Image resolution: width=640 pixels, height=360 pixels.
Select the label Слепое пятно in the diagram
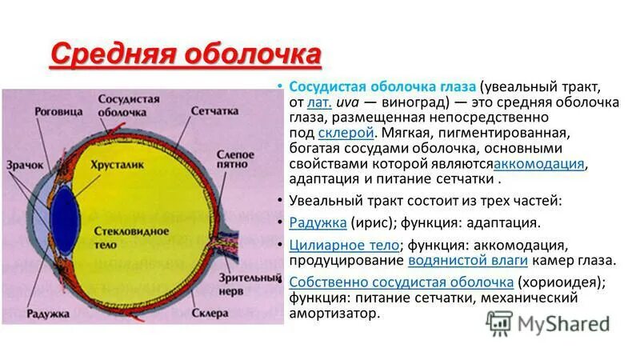(x=235, y=158)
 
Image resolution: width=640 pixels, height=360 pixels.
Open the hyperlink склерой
(x=346, y=132)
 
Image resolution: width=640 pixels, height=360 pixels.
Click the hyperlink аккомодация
(x=540, y=164)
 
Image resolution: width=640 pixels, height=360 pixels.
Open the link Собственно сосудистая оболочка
(x=401, y=282)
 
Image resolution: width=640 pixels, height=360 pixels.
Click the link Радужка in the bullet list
(x=318, y=222)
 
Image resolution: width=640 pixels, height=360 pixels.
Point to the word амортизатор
(x=332, y=314)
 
